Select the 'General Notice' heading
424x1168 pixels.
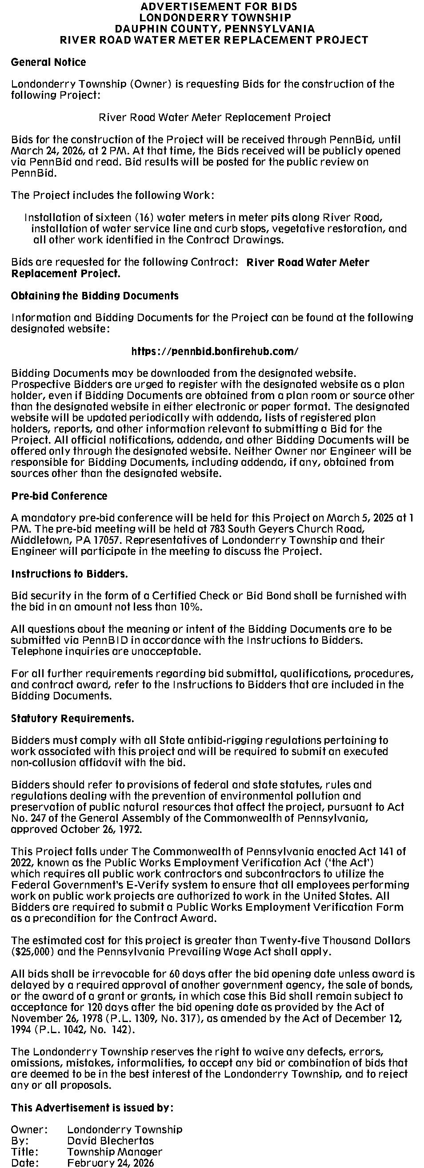[x=48, y=62]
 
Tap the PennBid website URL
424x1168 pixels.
[x=215, y=351]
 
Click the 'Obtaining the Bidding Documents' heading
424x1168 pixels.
[x=95, y=295]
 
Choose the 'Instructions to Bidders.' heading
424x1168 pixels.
[x=69, y=574]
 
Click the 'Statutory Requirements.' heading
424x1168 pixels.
[x=72, y=718]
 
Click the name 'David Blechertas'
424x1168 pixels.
[x=110, y=1140]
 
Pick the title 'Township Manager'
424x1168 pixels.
[x=114, y=1151]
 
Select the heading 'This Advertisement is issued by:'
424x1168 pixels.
[x=92, y=1107]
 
